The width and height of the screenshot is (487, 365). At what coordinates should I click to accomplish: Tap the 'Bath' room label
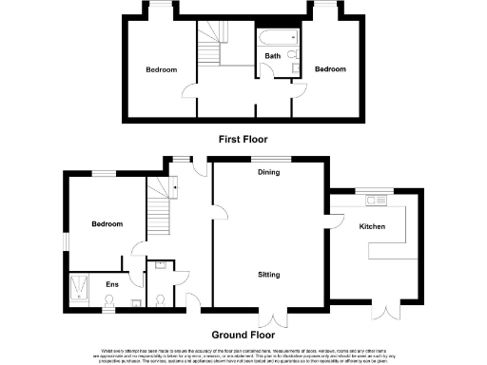click(273, 56)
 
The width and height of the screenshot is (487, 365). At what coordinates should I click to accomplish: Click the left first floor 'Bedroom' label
click(161, 69)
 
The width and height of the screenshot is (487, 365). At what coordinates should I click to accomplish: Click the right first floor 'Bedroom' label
click(330, 69)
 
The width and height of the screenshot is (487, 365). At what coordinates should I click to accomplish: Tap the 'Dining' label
click(268, 172)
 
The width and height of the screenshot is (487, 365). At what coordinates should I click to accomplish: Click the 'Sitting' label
click(268, 275)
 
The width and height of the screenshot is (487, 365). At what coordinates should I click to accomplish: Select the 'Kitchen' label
click(372, 227)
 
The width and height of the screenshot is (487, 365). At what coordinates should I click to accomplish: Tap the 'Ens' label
click(111, 283)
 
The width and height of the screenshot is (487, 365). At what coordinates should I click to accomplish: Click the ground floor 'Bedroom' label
click(107, 224)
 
